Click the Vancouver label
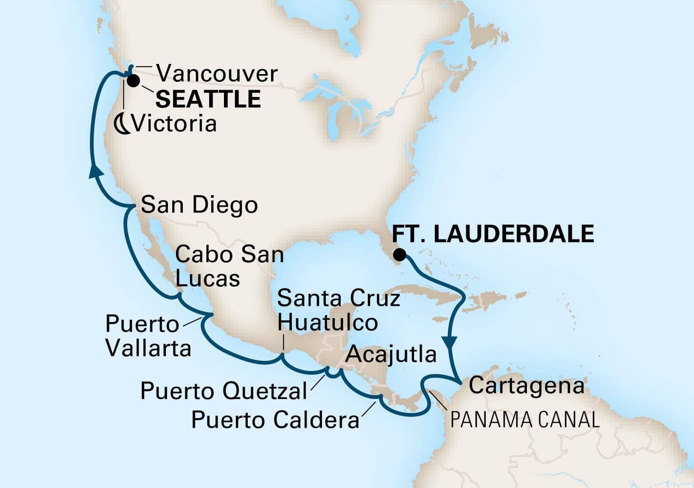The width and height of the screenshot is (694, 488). (217, 74)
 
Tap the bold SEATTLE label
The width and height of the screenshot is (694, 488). (208, 99)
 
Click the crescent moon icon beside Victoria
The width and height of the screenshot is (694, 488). (123, 124)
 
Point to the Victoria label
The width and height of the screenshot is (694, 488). (174, 124)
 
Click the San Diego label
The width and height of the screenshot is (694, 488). (199, 205)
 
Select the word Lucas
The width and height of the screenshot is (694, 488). (207, 279)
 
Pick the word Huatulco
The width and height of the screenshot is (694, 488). (327, 323)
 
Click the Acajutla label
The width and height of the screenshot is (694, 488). (391, 354)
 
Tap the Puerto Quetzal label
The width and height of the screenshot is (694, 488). (224, 391)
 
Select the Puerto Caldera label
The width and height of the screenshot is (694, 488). (275, 420)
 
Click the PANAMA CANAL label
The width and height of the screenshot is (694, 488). (525, 420)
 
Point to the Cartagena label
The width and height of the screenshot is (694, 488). (526, 386)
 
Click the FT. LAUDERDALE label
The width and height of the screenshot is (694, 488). (493, 234)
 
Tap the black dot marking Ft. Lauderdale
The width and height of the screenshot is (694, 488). (399, 255)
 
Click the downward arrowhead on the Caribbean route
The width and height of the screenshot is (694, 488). (450, 341)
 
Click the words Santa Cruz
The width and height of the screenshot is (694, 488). (339, 299)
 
